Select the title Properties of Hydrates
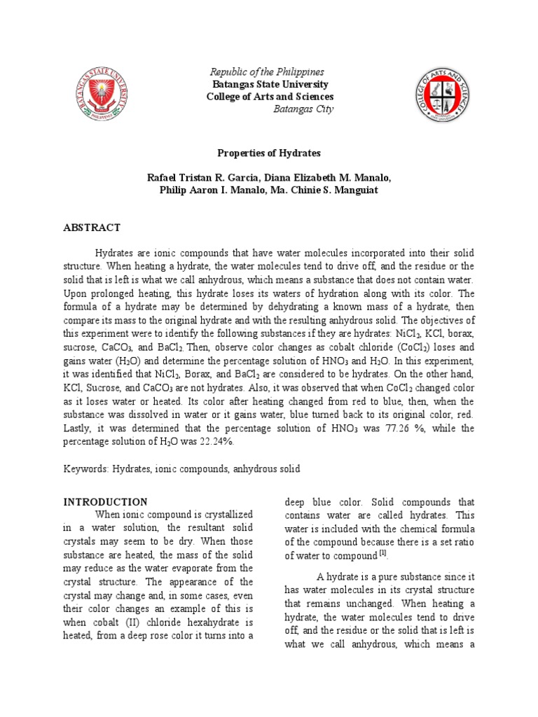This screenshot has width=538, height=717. click(269, 152)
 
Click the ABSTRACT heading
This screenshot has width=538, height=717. click(92, 228)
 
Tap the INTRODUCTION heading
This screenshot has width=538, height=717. click(106, 502)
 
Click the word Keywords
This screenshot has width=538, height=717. click(84, 469)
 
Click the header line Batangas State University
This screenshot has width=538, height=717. click(269, 85)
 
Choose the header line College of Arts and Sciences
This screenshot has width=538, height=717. click(269, 97)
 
